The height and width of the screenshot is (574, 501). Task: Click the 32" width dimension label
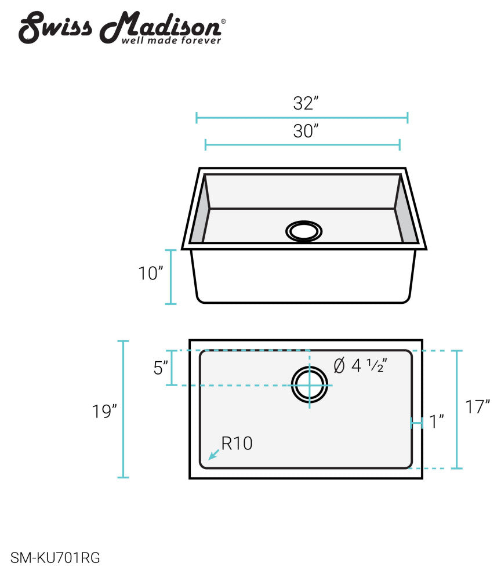coord(306,104)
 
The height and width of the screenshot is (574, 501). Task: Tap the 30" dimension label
coord(306,132)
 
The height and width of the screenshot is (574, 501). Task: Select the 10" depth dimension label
coord(151,274)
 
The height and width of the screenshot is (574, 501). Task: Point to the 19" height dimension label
coord(104,412)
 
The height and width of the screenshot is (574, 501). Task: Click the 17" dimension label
coord(478,406)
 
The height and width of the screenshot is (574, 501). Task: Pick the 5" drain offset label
coord(161,368)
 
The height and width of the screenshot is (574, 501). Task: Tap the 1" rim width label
coord(436,422)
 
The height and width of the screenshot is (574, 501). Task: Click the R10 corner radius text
coord(237,444)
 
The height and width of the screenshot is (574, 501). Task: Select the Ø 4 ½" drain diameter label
coord(361,366)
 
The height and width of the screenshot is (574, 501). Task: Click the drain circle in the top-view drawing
coord(310,385)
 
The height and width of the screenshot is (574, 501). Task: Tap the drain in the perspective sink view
coord(304,231)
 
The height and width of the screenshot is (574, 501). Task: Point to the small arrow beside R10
coord(213,455)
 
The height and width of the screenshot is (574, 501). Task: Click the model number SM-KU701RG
coord(56,558)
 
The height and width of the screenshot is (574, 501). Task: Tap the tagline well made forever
coord(171,41)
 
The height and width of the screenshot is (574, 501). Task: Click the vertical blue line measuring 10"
coord(170,277)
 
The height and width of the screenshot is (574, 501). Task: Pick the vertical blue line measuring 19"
coord(123,409)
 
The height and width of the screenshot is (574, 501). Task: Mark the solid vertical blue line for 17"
coord(457,409)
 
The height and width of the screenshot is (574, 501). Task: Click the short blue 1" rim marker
coord(416,423)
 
